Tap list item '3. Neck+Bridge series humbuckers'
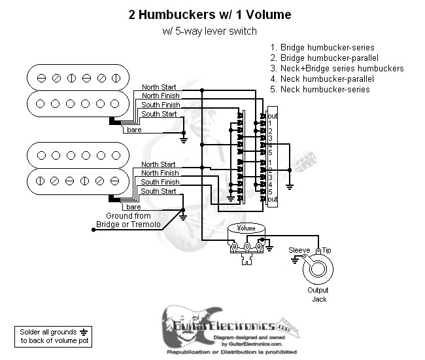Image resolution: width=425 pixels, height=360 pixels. coord(337,68)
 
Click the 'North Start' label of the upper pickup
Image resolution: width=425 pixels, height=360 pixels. coord(159,87)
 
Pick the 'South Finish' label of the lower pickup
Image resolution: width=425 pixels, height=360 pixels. coord(160,182)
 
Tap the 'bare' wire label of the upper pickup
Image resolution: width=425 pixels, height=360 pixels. coord(133,130)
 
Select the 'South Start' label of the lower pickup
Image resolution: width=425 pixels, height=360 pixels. coord(159,191)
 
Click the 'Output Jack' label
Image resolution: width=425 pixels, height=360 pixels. coord(318,294)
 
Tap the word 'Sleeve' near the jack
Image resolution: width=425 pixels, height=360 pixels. coord(299,250)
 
